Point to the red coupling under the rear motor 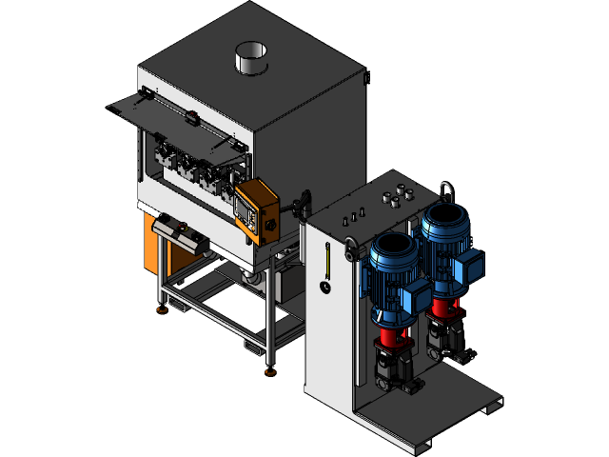point(442,306)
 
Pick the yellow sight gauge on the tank point(324,260)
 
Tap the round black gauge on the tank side point(324,286)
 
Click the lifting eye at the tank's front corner point(353,250)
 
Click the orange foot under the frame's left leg point(163,307)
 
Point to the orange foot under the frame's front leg point(270,370)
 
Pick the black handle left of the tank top point(304,203)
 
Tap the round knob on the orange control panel point(269,226)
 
